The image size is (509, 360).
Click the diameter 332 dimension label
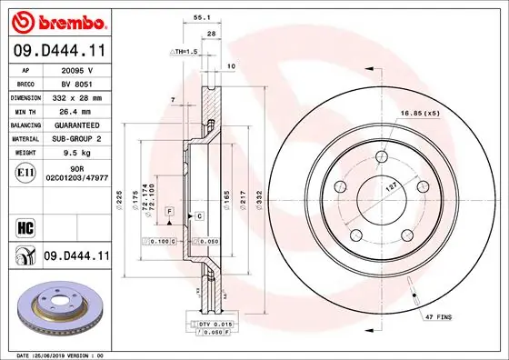pyautogui.click(x=258, y=197)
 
